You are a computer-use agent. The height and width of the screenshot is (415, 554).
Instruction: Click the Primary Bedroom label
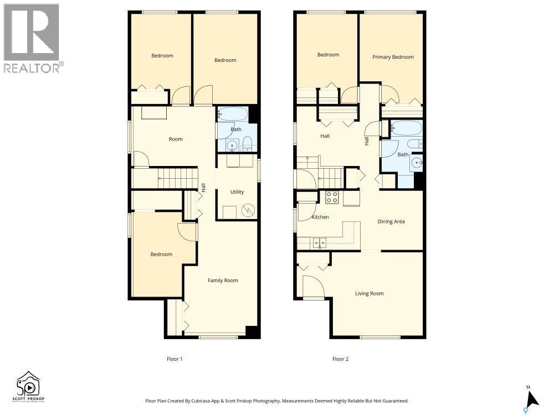coord(393,57)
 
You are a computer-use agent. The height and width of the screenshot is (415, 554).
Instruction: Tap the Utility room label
coord(237,192)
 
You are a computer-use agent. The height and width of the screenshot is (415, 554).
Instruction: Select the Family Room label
coord(223,281)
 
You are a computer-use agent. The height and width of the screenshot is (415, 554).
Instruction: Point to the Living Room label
coord(370,293)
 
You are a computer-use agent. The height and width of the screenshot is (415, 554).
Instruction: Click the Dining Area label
coord(391,221)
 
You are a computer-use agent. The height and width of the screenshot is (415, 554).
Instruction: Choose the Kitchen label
coord(320,217)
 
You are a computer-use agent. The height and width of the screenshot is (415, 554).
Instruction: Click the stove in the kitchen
coord(332,197)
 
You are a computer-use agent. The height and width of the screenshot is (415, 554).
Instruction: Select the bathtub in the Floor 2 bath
coord(406,128)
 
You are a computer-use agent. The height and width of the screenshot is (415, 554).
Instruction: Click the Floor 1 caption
coord(175,359)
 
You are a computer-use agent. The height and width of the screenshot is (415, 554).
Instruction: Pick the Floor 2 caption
coord(340,359)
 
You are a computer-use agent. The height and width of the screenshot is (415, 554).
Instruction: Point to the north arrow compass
coord(532,398)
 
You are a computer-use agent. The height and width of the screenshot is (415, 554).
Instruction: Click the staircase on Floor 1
coord(177,179)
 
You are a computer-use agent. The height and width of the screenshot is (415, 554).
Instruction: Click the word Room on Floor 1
coord(176,139)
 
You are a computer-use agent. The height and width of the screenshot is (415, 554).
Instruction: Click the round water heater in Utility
coord(250,211)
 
